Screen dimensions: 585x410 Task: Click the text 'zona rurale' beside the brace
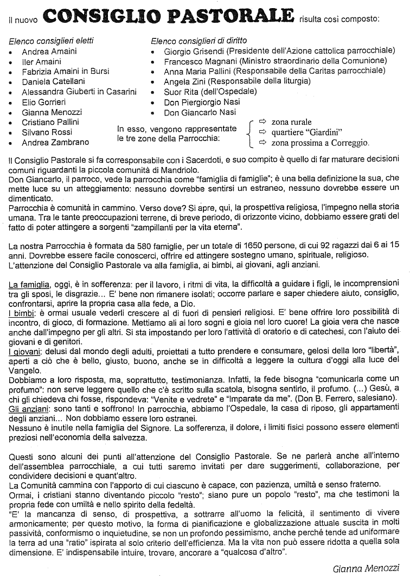tap(292, 122)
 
